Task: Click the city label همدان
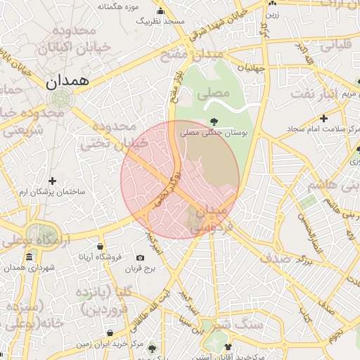tap(68, 81)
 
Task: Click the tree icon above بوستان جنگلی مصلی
tap(214, 121)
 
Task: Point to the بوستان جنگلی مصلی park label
tap(213, 132)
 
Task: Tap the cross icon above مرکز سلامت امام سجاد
tap(323, 118)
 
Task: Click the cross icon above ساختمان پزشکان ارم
tap(52, 181)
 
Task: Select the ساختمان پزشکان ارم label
tap(52, 192)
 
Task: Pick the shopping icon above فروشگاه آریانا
tap(101, 247)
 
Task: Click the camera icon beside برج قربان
tap(140, 258)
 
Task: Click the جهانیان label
tap(250, 68)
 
